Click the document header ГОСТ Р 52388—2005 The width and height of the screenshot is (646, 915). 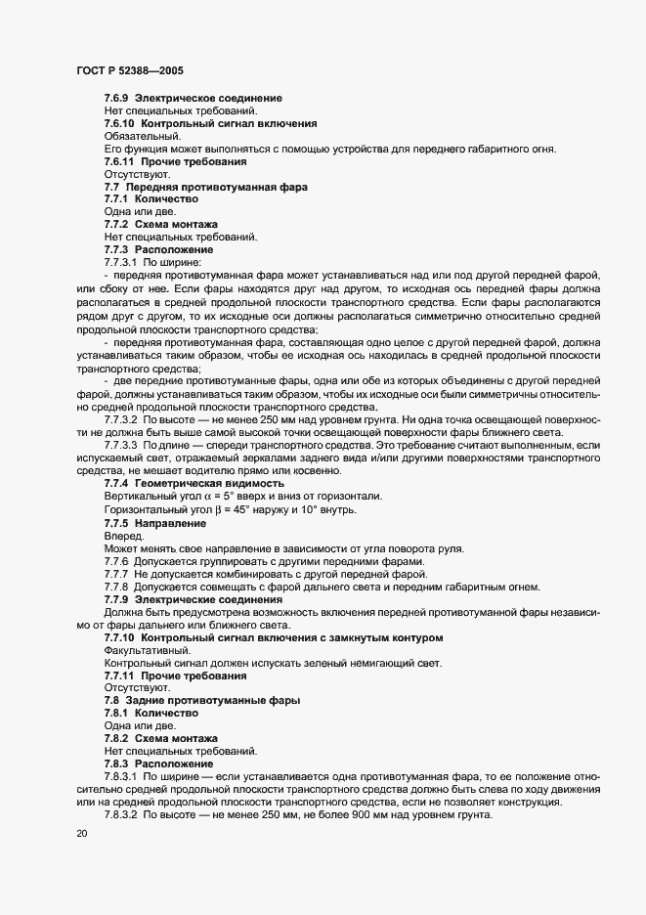pyautogui.click(x=128, y=70)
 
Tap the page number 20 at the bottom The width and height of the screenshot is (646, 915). pyautogui.click(x=81, y=834)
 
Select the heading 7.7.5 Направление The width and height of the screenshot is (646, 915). pyautogui.click(x=156, y=522)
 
